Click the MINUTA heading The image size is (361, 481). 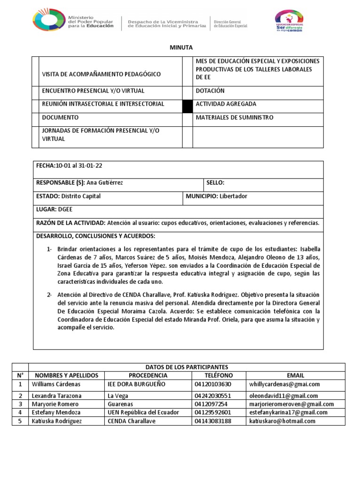pos(180,47)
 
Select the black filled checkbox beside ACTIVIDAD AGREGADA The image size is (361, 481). pos(188,106)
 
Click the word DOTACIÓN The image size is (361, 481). pos(210,91)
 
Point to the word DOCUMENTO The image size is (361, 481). pos(60,117)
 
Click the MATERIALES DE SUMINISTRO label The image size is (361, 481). pos(234,117)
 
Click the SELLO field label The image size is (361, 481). pos(216,183)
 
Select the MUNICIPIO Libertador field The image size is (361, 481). pos(216,196)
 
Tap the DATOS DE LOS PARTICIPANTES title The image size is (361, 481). pos(187,367)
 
